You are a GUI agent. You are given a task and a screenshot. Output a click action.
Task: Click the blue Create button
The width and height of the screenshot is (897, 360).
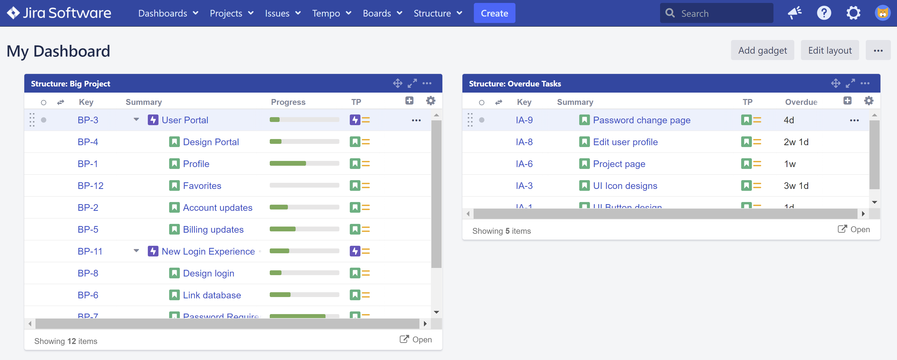494,13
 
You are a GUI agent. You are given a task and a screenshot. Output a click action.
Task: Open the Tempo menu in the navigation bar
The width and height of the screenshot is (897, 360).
331,13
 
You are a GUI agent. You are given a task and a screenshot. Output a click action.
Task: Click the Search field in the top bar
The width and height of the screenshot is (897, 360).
721,13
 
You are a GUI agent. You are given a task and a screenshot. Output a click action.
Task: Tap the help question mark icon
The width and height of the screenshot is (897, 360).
824,13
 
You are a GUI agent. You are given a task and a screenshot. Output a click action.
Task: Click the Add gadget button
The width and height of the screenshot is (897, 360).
762,50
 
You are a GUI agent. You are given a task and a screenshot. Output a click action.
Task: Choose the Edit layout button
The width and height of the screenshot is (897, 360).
829,50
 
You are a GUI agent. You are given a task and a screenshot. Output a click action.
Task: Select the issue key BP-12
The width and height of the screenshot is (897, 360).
90,185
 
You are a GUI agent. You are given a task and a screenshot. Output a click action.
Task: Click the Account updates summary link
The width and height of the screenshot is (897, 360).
217,208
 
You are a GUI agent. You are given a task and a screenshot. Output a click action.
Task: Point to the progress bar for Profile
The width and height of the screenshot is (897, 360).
304,164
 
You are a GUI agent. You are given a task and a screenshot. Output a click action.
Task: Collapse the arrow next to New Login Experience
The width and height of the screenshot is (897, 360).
136,251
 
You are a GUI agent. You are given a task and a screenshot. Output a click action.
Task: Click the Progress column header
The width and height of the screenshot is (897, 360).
288,102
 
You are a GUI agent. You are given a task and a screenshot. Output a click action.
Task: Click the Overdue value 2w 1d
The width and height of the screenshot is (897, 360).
796,142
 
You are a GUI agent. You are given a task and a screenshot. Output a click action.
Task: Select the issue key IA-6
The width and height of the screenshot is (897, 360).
524,164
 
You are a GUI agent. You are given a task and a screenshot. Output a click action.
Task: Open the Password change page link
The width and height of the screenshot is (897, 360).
641,120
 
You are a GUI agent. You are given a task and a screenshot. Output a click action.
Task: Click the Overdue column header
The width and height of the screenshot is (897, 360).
801,102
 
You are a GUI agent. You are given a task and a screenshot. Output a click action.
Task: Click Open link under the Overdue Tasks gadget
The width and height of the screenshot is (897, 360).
854,230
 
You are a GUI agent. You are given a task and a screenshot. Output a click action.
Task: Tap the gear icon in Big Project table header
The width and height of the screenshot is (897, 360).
431,101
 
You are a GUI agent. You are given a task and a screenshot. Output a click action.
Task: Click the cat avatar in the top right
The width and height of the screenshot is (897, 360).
882,13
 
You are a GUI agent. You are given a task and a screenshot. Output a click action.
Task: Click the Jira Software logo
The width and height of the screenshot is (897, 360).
59,13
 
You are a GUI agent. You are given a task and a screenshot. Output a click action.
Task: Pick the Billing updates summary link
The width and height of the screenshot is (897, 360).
213,230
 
